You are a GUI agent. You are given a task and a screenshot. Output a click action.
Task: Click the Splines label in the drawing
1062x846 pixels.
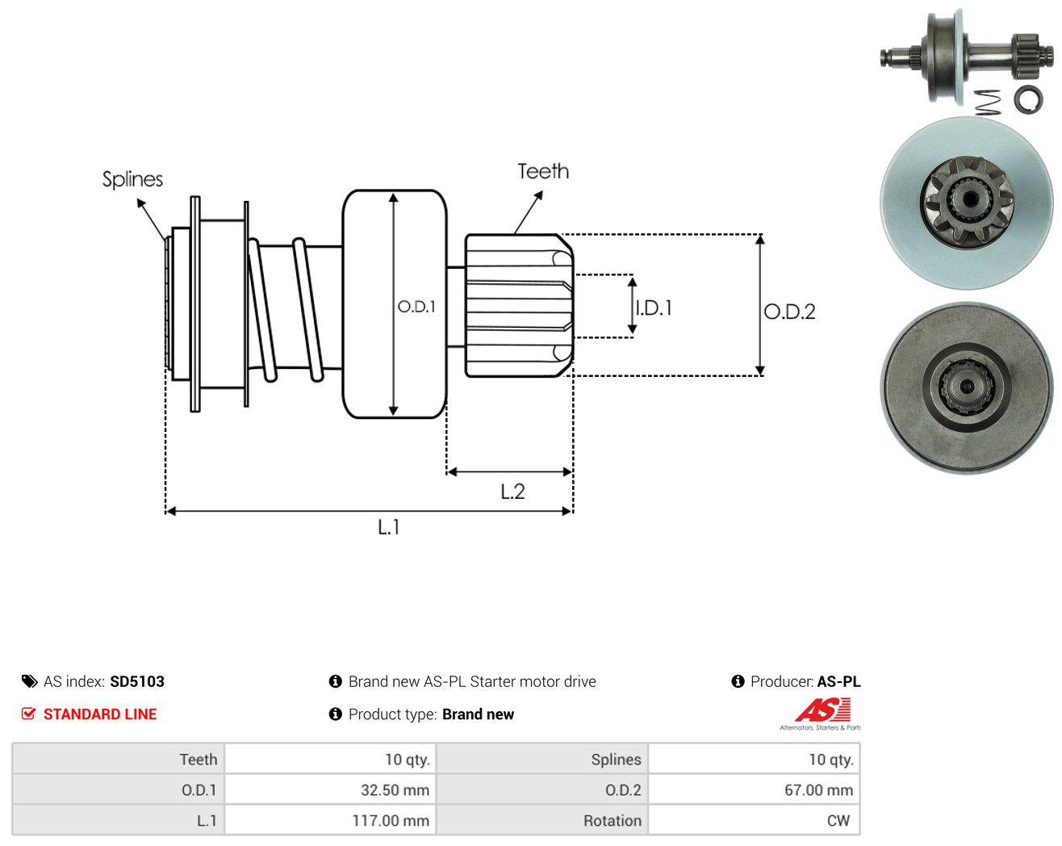(132, 180)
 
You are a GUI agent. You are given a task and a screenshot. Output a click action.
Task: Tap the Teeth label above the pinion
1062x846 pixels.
(543, 171)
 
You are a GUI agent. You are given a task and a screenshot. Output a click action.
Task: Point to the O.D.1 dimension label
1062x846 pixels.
(416, 307)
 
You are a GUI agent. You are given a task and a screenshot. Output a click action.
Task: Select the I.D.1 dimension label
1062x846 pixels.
(654, 308)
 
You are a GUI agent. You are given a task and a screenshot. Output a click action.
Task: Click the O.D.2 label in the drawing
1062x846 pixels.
(789, 312)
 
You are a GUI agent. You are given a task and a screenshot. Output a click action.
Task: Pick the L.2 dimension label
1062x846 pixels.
(512, 492)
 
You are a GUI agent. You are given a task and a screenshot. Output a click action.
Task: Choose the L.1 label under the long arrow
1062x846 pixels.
(388, 528)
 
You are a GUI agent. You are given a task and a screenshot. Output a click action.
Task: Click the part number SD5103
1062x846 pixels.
(137, 681)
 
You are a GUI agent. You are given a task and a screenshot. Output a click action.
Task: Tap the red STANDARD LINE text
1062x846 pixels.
(100, 714)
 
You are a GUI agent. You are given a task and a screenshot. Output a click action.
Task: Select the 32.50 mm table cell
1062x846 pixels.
(330, 789)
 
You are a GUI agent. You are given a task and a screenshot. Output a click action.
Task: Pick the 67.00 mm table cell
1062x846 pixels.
(754, 789)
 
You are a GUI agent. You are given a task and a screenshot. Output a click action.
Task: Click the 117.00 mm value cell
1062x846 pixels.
(330, 820)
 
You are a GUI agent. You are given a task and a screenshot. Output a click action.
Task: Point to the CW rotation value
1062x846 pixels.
(838, 821)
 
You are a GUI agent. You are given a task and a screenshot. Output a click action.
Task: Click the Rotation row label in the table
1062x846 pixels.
(613, 821)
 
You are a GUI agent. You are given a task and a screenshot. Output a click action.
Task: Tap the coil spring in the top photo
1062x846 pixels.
(988, 103)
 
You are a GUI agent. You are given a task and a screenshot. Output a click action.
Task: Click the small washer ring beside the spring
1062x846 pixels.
(1028, 98)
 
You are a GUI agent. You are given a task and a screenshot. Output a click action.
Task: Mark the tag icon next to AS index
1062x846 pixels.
(30, 681)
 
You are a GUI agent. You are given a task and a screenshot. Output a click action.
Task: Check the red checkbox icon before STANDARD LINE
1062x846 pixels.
(28, 714)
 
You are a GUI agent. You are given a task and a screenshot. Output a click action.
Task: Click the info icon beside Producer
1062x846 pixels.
(738, 681)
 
